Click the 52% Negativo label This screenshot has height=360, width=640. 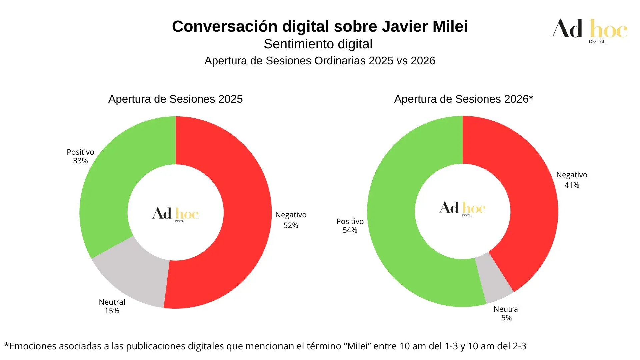coord(291,220)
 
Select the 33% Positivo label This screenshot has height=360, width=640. coord(80,156)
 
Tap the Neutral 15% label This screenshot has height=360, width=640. coord(112,306)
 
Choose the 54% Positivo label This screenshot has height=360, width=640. coord(350,226)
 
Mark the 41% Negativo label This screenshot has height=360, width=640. coord(572,180)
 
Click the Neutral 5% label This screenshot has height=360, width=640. coord(506,313)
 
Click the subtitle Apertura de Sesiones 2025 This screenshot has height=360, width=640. coord(175,99)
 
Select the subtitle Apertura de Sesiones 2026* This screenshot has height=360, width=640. coord(463,99)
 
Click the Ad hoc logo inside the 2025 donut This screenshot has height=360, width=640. coord(175,214)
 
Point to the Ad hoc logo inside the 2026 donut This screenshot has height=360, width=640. coord(462,208)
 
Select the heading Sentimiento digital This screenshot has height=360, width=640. coord(318,44)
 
